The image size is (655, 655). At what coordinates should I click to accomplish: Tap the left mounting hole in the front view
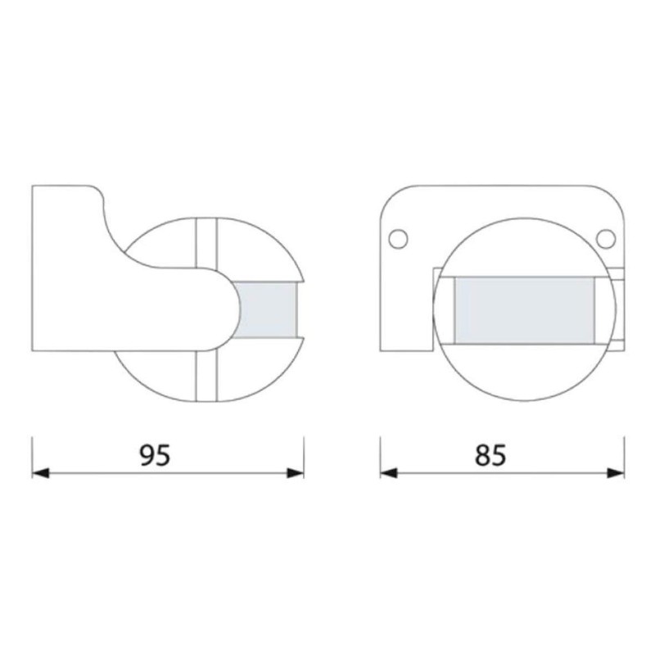397,238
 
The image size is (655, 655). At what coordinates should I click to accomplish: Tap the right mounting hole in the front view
606,238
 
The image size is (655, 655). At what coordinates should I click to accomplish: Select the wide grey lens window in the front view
524,309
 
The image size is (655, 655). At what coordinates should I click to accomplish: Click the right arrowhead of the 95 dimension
296,472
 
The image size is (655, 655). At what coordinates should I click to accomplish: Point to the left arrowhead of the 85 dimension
389,472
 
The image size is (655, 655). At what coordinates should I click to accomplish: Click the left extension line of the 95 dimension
32,454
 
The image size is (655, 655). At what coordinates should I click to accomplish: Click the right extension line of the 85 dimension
624,454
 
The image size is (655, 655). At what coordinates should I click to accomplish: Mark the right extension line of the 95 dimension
304,454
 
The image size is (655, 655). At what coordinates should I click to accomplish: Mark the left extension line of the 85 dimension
381,454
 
